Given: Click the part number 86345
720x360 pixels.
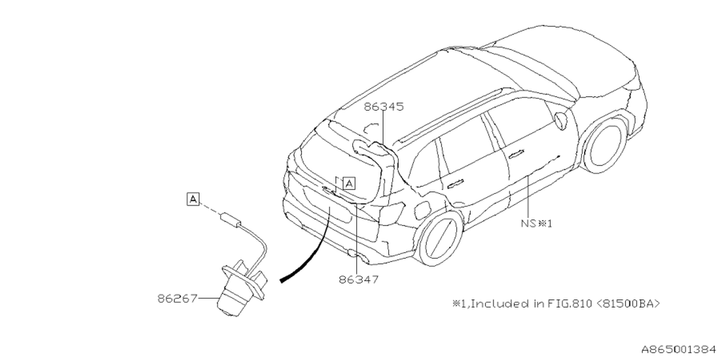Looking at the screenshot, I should (384, 106).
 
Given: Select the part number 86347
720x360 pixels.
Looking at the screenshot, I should (358, 279).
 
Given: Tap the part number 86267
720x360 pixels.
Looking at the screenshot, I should (177, 298).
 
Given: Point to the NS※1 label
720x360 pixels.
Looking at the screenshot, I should (536, 223).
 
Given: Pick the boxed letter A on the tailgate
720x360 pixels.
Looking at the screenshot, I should (349, 183).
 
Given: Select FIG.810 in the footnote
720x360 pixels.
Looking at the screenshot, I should (569, 304).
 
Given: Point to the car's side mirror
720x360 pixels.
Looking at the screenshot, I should (560, 120).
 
